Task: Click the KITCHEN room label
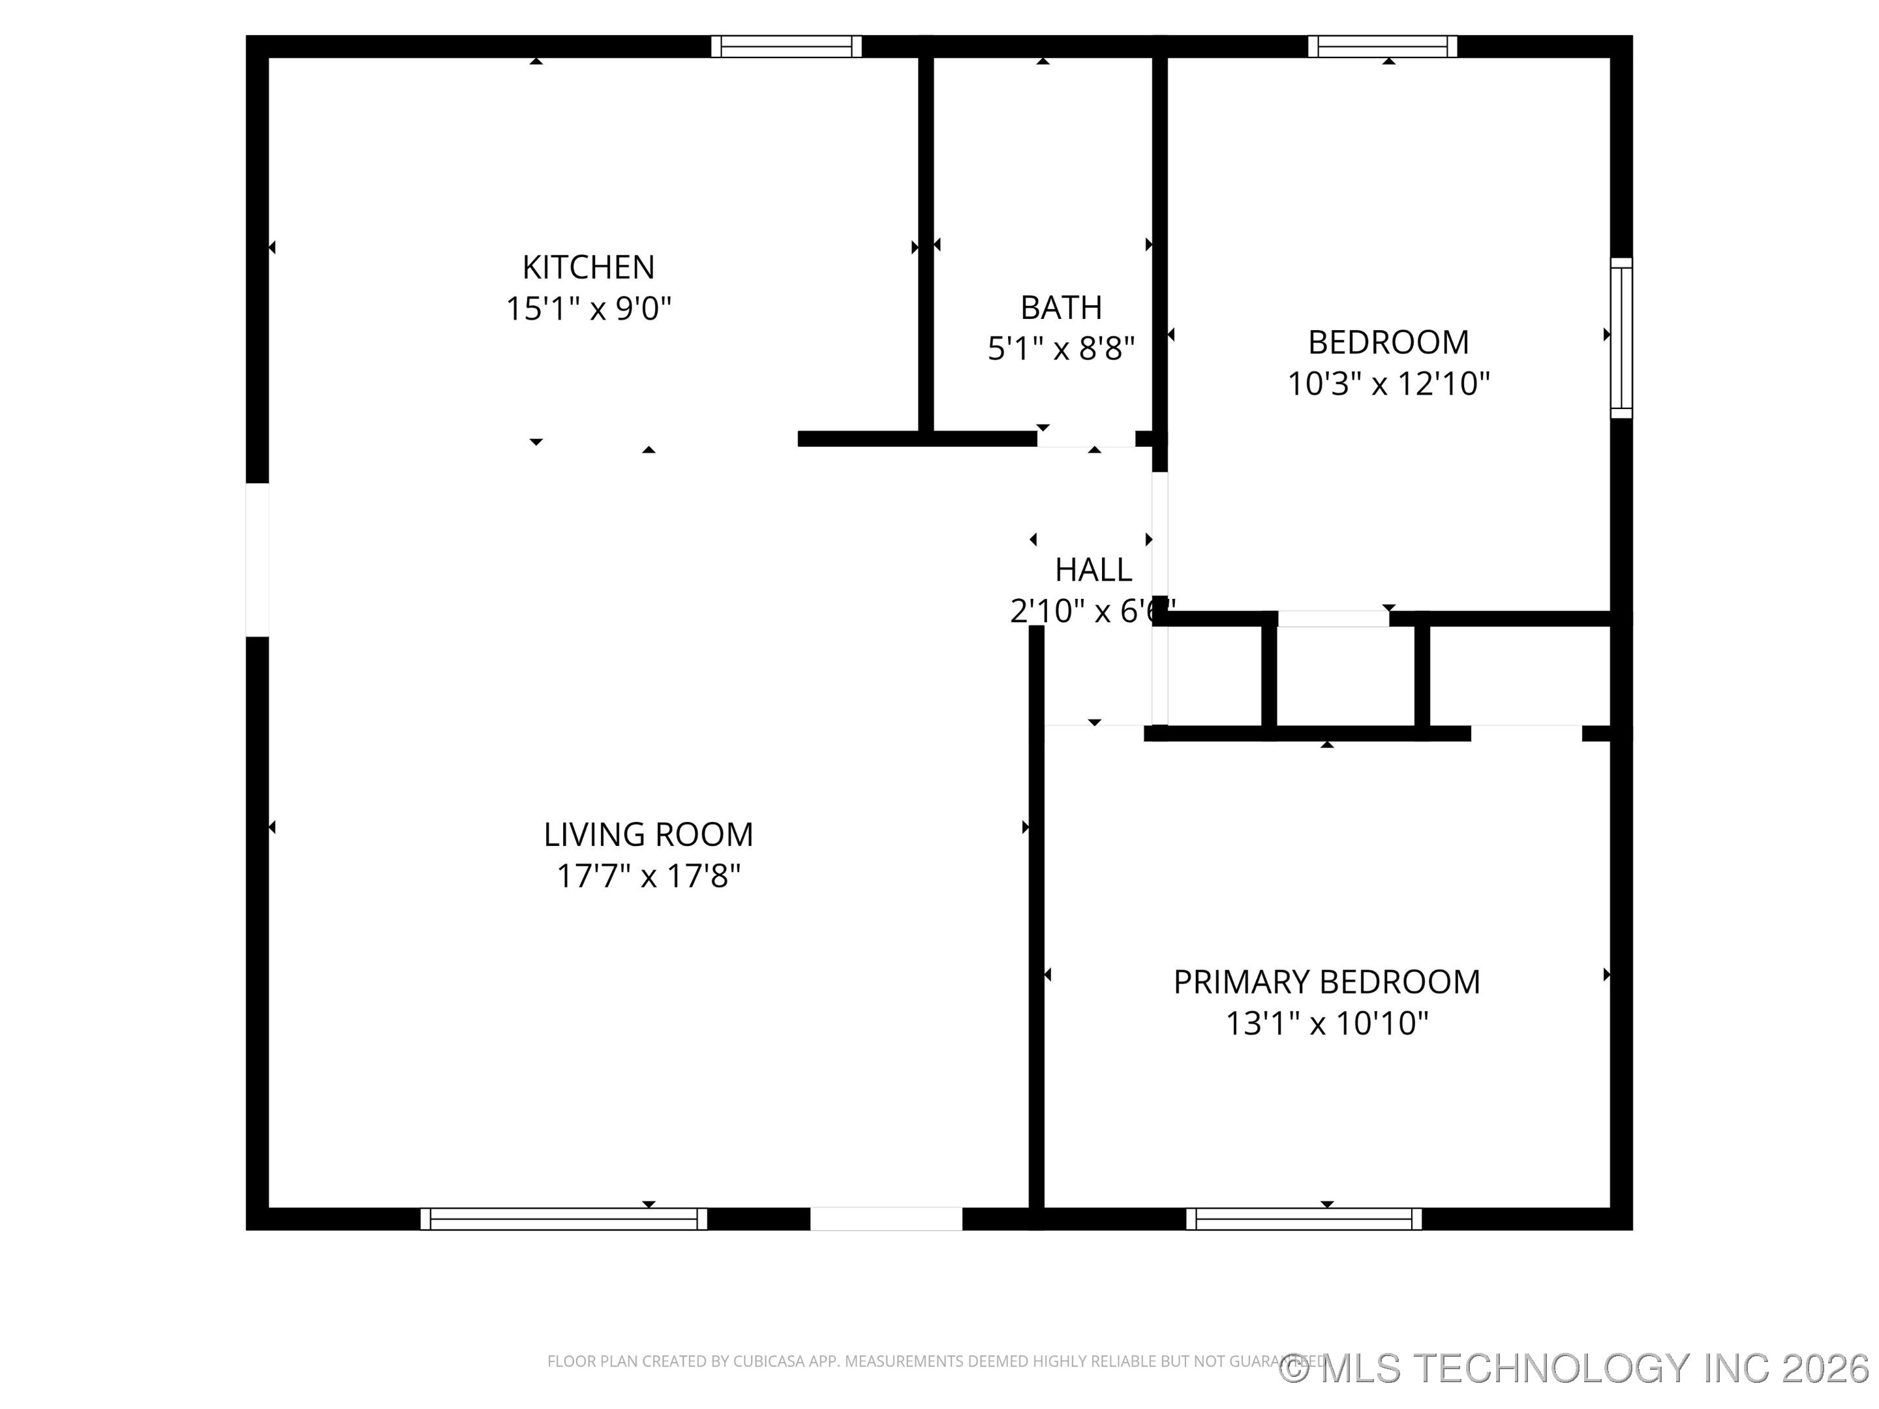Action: coord(588,267)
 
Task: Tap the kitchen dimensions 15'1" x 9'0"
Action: coord(588,309)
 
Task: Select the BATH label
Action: coord(1061,307)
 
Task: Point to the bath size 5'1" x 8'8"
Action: coord(1061,348)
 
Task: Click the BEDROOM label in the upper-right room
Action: coord(1388,342)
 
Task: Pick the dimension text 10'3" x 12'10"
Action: coord(1388,384)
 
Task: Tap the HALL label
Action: coord(1093,570)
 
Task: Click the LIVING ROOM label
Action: coord(648,834)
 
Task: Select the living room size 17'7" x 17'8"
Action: coord(648,875)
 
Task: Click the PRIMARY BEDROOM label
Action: coord(1326,982)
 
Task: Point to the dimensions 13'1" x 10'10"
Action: coord(1326,1023)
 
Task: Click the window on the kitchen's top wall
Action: coord(786,47)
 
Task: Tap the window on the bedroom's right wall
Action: coord(1621,337)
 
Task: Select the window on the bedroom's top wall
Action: coord(1382,47)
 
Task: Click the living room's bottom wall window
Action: coord(563,1219)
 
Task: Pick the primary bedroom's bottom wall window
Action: coord(1303,1219)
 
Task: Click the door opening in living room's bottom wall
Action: coord(885,1219)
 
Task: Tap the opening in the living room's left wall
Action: coord(258,560)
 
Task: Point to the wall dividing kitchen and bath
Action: coord(926,247)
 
